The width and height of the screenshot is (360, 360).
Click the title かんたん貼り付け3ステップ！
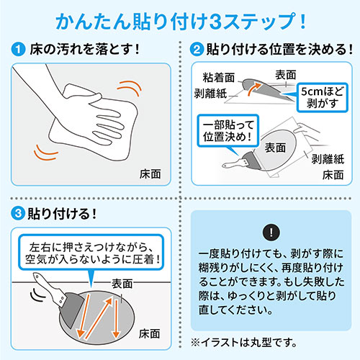[180, 19]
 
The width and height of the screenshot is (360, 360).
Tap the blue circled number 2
[195, 52]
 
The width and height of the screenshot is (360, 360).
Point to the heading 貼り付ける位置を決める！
[273, 52]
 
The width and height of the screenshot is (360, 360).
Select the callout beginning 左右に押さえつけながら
[94, 249]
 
